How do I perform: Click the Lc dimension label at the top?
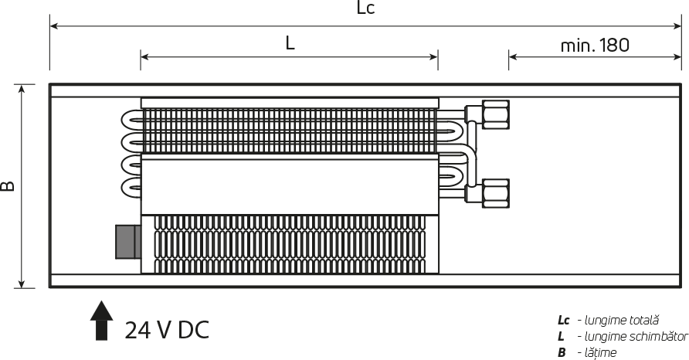point(365,8)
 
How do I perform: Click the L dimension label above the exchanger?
point(290,43)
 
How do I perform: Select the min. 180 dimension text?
point(595,46)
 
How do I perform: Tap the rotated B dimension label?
point(8,186)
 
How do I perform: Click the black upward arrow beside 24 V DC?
point(101,321)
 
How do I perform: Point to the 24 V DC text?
point(167,330)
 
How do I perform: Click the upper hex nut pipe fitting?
point(496,115)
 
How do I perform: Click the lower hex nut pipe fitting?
point(496,193)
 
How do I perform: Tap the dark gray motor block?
point(128,242)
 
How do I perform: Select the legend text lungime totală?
point(621,321)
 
